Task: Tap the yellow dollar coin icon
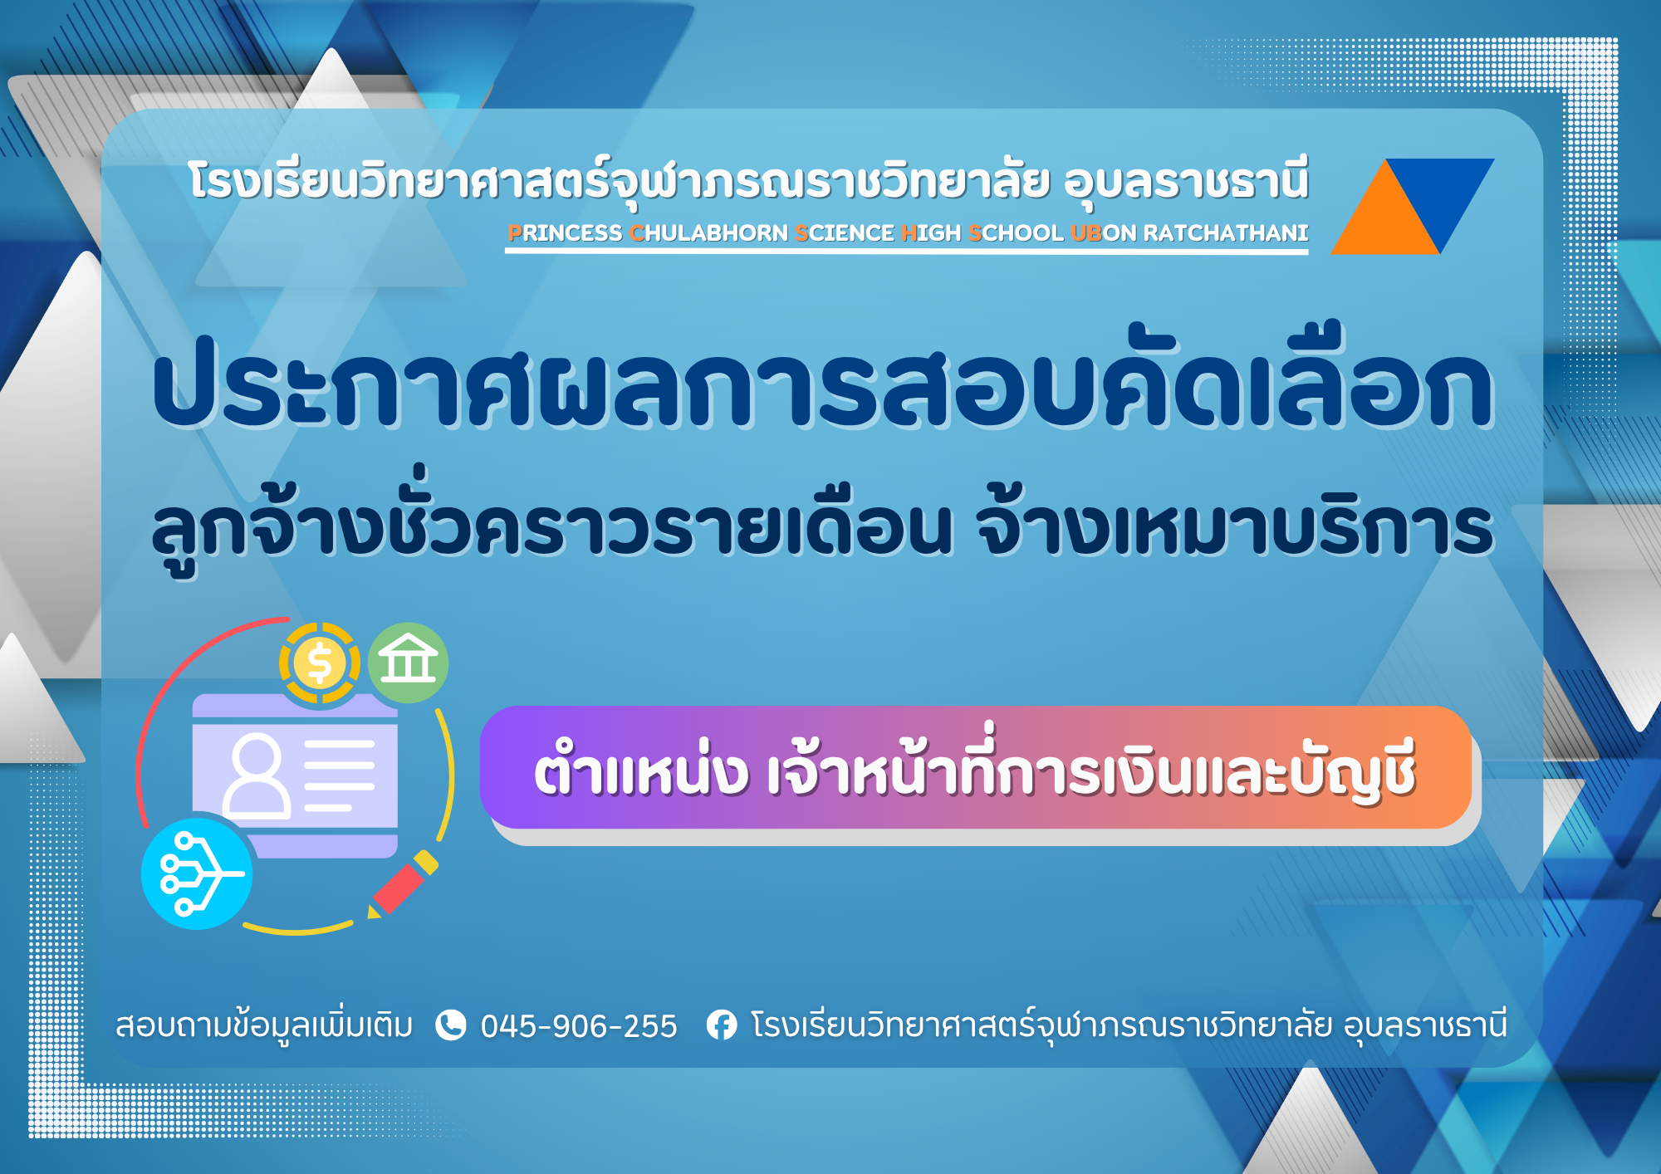pyautogui.click(x=320, y=663)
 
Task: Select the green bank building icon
pyautogui.click(x=408, y=663)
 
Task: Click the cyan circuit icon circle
pyautogui.click(x=197, y=873)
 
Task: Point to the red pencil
pyautogui.click(x=403, y=883)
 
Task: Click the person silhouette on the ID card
pyautogui.click(x=257, y=775)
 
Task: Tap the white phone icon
pyautogui.click(x=450, y=1025)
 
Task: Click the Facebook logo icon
pyautogui.click(x=721, y=1025)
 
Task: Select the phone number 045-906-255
pyautogui.click(x=579, y=1026)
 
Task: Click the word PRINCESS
pyautogui.click(x=565, y=233)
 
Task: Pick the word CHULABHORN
pyautogui.click(x=708, y=233)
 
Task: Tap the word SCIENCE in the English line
pyautogui.click(x=844, y=233)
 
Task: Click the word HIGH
pyautogui.click(x=931, y=233)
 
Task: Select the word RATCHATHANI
pyautogui.click(x=1226, y=233)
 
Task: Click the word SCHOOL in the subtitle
pyautogui.click(x=1016, y=233)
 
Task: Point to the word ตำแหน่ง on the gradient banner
pyautogui.click(x=640, y=768)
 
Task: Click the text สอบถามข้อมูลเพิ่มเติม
pyautogui.click(x=264, y=1026)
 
